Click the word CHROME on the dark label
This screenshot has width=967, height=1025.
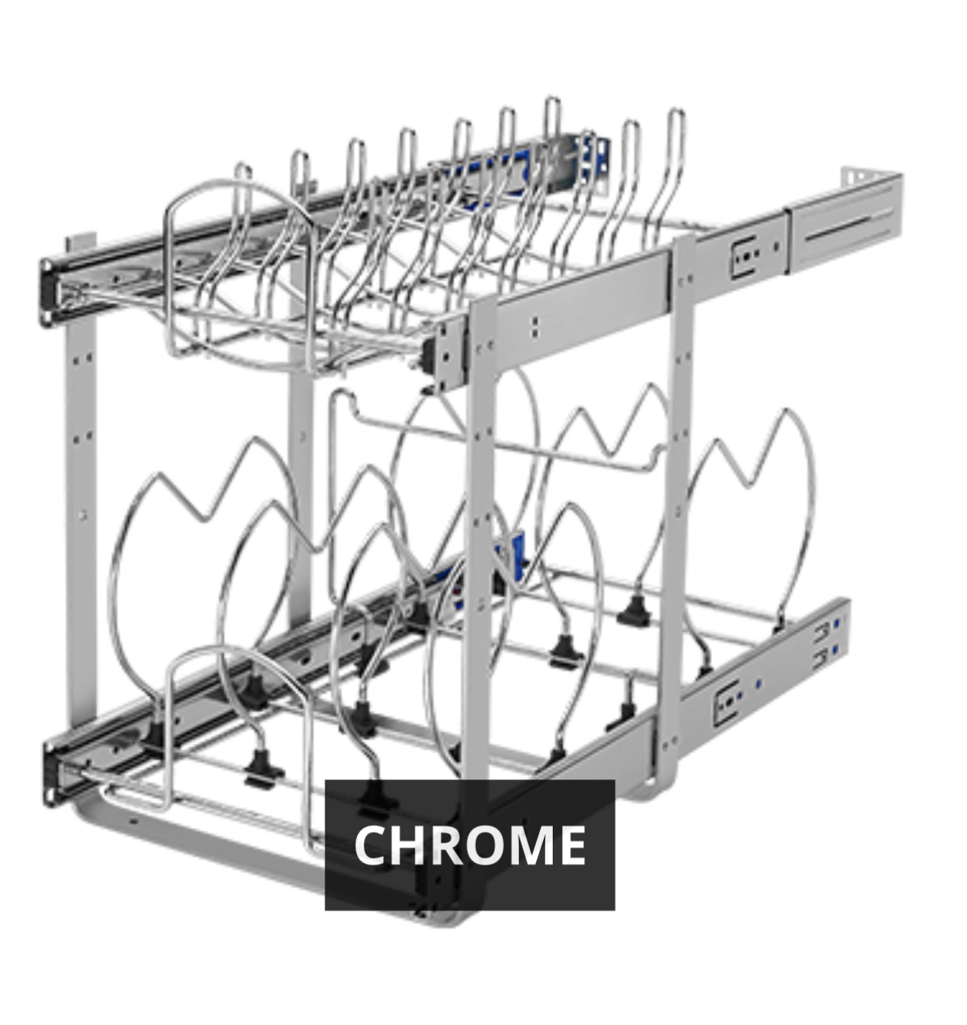tap(469, 845)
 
